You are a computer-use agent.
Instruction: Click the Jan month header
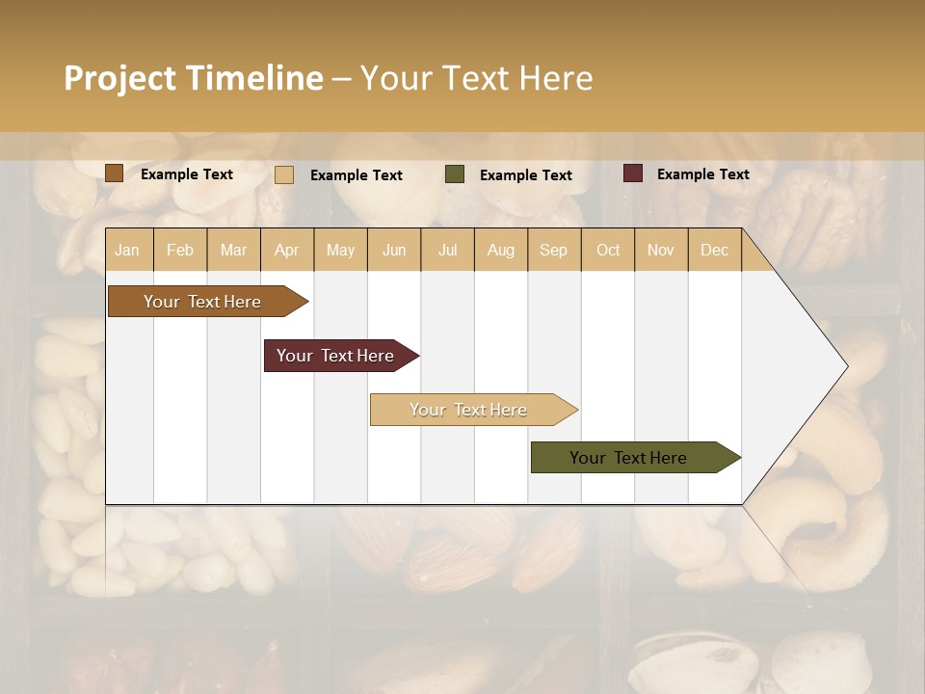[127, 250]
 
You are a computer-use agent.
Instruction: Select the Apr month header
[287, 250]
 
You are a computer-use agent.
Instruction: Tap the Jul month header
[448, 250]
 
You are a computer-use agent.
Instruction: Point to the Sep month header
[553, 250]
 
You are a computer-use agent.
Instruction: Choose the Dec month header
[714, 250]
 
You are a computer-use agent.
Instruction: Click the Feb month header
[180, 250]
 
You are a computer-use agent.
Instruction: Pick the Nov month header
[661, 250]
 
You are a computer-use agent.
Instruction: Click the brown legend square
[114, 173]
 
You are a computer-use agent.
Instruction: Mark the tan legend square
[284, 174]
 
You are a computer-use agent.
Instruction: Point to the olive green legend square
[455, 174]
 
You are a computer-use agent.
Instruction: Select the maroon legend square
[633, 173]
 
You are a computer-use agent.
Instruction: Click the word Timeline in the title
[255, 78]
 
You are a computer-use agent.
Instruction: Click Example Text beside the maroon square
[703, 174]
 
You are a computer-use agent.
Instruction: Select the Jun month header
[394, 250]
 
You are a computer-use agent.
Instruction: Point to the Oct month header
[608, 250]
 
